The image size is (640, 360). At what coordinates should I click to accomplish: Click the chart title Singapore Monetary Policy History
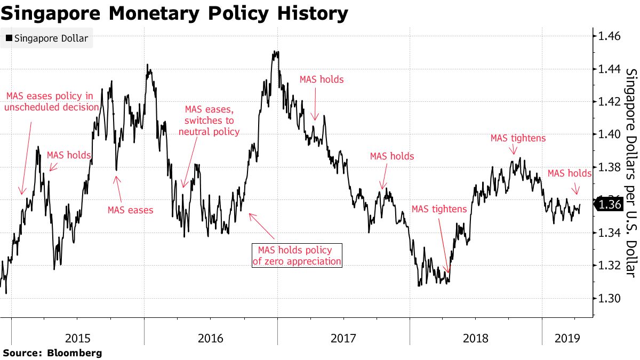coord(174,13)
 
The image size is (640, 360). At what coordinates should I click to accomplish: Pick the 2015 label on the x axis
coord(78,338)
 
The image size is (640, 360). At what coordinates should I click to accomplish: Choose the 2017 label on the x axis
coord(343,338)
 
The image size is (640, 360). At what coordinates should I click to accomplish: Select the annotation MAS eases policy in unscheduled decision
coord(52,101)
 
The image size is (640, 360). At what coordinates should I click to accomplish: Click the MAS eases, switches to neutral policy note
coord(209,121)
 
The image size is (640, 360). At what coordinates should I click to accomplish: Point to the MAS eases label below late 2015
coord(130,210)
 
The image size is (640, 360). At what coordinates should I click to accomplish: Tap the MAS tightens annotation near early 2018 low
coord(439,209)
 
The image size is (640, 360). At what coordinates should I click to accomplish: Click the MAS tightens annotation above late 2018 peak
coord(518,138)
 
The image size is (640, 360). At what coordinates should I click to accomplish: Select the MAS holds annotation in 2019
coord(569,173)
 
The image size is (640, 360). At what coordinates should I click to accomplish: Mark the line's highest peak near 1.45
coord(275,52)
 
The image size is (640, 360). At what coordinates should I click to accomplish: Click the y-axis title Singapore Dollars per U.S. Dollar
coord(630,173)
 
